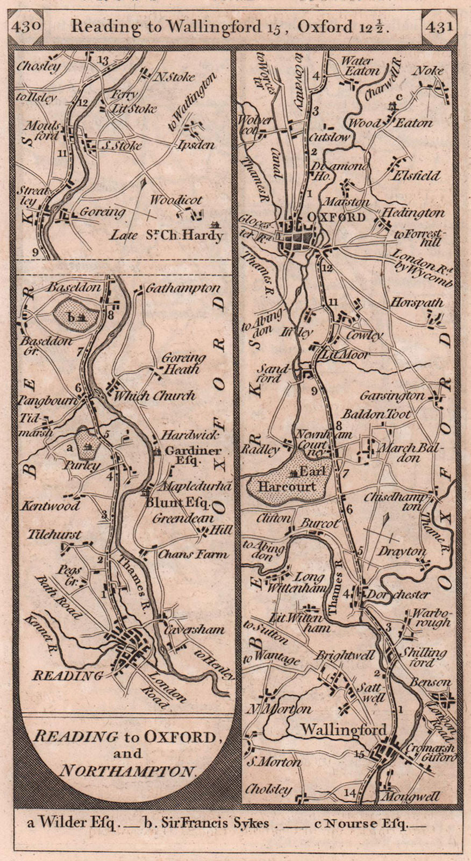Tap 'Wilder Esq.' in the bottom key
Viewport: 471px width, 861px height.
[x=75, y=823]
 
